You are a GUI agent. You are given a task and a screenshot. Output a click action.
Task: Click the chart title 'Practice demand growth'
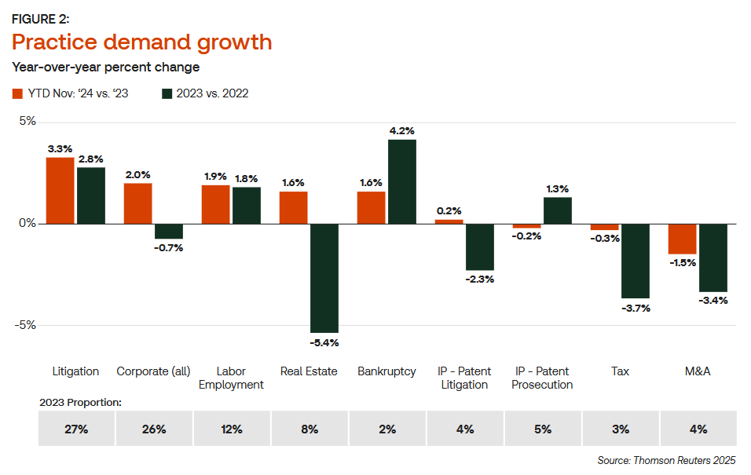coord(142,42)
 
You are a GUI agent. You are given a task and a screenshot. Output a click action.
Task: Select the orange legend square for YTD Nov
coord(17,93)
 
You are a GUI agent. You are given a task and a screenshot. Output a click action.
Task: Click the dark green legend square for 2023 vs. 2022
coord(167,93)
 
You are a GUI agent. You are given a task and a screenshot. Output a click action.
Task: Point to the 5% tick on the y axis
coord(27,122)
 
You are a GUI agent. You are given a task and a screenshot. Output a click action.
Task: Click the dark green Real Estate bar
coord(324,278)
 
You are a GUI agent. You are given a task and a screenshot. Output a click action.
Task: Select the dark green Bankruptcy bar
coord(402,181)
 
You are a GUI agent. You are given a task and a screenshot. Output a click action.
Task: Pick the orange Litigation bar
coord(60,191)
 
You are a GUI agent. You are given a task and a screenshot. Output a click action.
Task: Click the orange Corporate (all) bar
coord(137,203)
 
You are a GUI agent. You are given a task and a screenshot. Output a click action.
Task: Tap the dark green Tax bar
coord(636,261)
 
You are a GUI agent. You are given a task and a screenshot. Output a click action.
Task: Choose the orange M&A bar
coord(683,239)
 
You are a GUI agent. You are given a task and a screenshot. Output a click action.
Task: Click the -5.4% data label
coord(324,343)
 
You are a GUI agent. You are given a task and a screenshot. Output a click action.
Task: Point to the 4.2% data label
coord(401,130)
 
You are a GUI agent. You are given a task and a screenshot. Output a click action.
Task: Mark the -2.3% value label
coord(479,280)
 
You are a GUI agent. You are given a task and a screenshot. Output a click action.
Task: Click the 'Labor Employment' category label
coord(231,378)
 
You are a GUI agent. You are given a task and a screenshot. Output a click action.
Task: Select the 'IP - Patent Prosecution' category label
coord(542,378)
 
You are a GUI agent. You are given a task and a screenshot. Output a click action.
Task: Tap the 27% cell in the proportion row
coord(76,429)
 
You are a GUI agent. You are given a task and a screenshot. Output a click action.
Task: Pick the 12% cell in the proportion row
coord(232,429)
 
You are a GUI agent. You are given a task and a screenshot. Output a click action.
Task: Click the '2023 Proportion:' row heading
coord(80,402)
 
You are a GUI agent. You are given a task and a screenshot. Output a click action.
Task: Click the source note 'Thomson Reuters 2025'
coord(667,461)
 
